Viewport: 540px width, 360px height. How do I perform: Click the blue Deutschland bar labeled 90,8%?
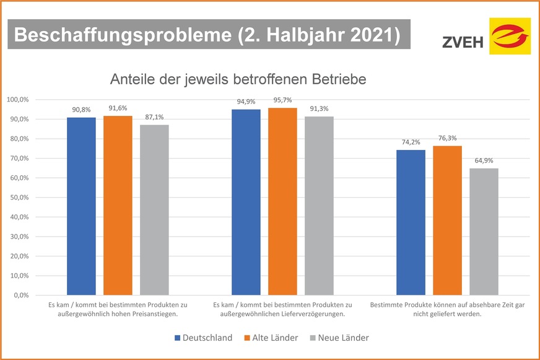click(x=81, y=206)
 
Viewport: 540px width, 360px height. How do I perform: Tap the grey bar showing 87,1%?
click(x=154, y=209)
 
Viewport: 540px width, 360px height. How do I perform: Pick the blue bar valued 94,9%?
click(x=246, y=202)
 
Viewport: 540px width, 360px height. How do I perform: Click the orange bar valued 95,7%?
click(x=282, y=201)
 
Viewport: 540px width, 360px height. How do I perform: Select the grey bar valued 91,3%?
click(x=319, y=206)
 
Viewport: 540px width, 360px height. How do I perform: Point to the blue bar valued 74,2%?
click(x=411, y=222)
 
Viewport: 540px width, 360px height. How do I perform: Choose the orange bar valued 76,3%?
click(x=447, y=220)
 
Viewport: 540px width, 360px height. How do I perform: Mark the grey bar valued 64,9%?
click(x=484, y=231)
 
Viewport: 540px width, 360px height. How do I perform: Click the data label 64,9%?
click(x=484, y=161)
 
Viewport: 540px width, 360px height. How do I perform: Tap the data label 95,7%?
click(x=282, y=100)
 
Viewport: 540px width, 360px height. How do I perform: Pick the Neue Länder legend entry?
click(x=343, y=338)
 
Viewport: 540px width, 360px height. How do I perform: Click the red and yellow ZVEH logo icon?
click(x=510, y=36)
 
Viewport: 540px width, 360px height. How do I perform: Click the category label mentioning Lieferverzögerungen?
click(x=282, y=309)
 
